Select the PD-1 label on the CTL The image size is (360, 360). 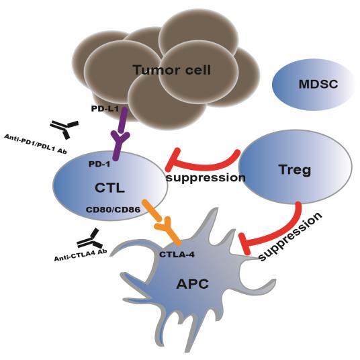(101, 163)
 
